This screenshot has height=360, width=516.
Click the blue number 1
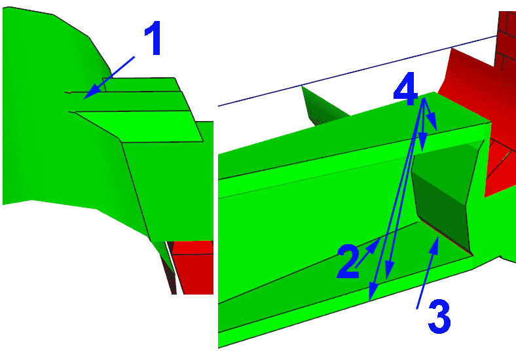(153, 38)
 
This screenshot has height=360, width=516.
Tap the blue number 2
(348, 262)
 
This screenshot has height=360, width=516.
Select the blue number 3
(439, 316)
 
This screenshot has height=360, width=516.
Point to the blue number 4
(406, 89)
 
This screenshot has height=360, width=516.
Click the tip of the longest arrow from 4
(370, 300)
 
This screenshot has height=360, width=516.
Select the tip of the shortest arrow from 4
(437, 131)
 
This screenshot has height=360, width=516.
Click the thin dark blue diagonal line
(358, 71)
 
